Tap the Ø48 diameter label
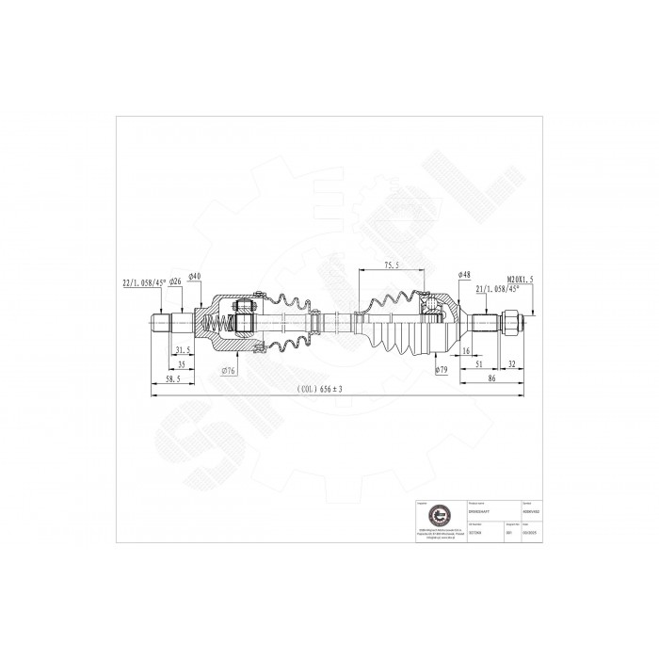tap(464, 274)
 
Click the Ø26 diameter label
tap(175, 282)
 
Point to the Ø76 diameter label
tap(228, 371)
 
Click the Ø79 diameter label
tap(441, 370)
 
